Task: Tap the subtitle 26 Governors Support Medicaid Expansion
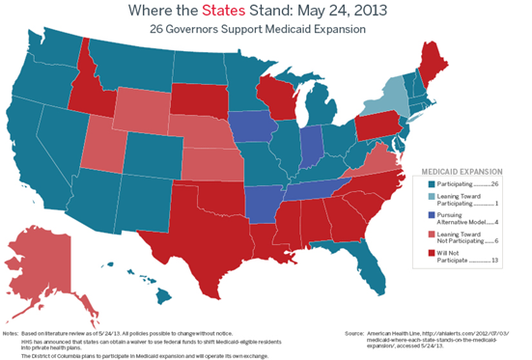click(265, 30)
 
